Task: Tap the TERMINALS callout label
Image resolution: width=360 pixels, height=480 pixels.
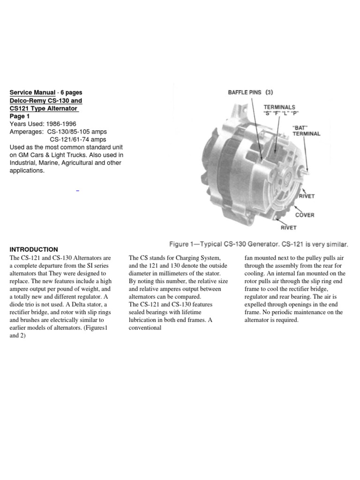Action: tap(280, 107)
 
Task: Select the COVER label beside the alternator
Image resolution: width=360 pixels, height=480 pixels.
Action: tap(305, 215)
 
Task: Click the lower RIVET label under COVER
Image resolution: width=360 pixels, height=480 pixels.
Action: tap(289, 228)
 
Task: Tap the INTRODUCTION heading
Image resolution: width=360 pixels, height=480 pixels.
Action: tap(34, 249)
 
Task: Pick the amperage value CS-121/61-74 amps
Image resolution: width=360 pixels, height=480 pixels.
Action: tap(78, 139)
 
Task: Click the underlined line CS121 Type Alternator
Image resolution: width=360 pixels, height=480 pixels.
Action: tap(44, 108)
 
